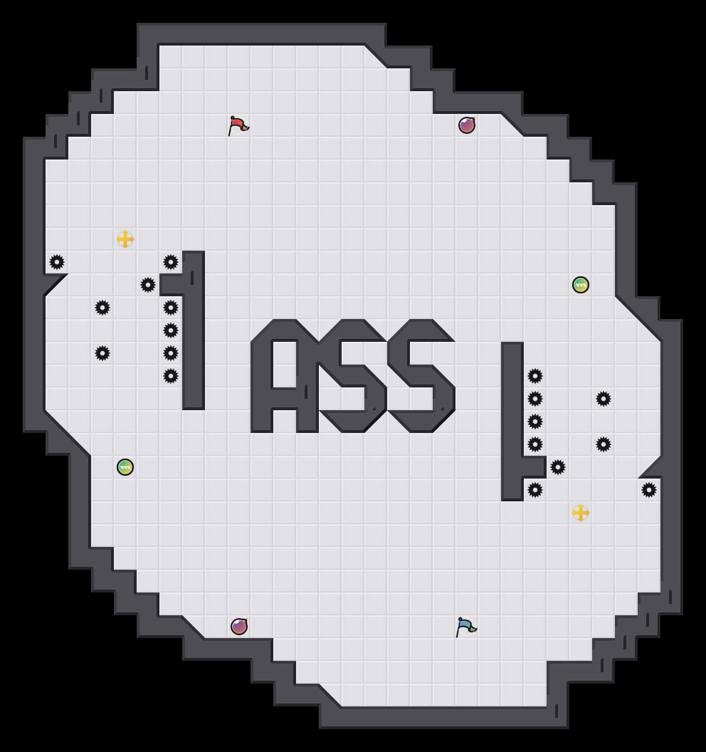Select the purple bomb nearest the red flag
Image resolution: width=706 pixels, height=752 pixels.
click(x=467, y=125)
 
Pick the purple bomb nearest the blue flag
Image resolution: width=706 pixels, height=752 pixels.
click(x=239, y=627)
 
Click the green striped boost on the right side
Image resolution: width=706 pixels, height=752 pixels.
click(x=581, y=285)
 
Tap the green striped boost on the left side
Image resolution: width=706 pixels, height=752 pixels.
click(x=125, y=467)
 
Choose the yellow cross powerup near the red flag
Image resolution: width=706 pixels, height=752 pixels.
click(x=125, y=239)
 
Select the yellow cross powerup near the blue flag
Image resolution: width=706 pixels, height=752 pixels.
click(x=581, y=513)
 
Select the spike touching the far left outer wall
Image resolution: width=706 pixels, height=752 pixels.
click(x=57, y=262)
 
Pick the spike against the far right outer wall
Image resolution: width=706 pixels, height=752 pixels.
click(x=649, y=490)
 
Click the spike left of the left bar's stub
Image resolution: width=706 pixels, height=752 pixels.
click(x=148, y=285)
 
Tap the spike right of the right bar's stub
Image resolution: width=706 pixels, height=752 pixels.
click(x=558, y=467)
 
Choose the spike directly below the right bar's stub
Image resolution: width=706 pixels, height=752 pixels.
click(x=535, y=490)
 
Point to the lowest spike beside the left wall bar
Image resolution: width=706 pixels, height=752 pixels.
click(x=171, y=376)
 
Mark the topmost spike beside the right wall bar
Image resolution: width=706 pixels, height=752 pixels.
click(x=535, y=376)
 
